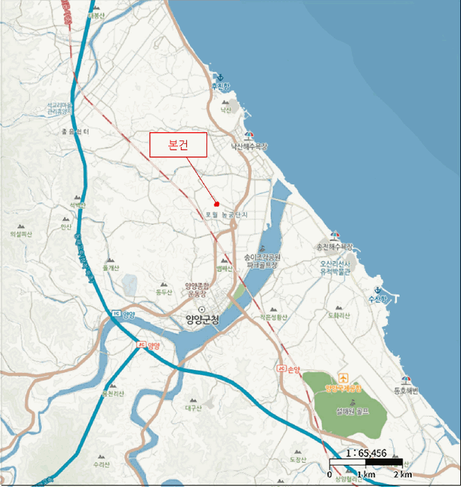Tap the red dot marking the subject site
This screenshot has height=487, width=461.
click(x=217, y=204)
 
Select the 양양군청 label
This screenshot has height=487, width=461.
click(x=202, y=320)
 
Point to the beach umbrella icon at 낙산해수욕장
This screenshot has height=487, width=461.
click(x=248, y=135)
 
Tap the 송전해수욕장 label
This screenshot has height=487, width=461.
click(x=334, y=246)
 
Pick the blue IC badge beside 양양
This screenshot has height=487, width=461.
click(x=115, y=314)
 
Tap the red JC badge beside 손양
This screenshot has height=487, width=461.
click(x=281, y=368)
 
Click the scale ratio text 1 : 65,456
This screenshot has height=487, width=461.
click(x=366, y=452)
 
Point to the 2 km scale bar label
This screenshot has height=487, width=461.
click(x=403, y=474)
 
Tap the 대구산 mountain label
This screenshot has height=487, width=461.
click(x=193, y=409)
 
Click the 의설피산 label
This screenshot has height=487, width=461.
click(x=22, y=234)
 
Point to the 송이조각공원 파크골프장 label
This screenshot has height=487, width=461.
click(x=261, y=261)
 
